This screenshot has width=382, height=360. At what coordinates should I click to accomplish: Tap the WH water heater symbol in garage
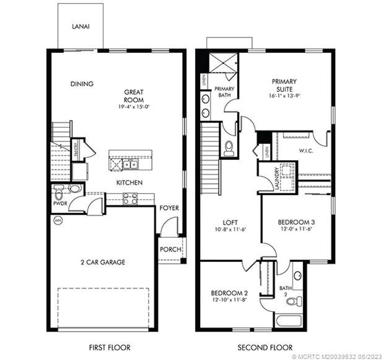pyautogui.click(x=58, y=220)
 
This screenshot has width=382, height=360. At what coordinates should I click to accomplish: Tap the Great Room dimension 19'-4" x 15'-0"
pyautogui.click(x=134, y=107)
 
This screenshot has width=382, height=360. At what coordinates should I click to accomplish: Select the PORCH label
pyautogui.click(x=170, y=249)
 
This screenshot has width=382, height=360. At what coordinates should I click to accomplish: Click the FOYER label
pyautogui.click(x=169, y=208)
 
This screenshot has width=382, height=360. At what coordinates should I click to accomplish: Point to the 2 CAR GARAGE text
pyautogui.click(x=103, y=262)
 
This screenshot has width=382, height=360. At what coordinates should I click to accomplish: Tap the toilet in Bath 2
pyautogui.click(x=294, y=300)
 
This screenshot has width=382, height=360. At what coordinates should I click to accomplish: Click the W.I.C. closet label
pyautogui.click(x=306, y=151)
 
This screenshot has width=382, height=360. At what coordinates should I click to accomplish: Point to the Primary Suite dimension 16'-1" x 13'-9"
pyautogui.click(x=284, y=95)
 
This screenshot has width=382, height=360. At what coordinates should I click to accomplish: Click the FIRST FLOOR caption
pyautogui.click(x=110, y=348)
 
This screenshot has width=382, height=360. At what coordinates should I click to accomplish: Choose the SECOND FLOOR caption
pyautogui.click(x=265, y=348)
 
